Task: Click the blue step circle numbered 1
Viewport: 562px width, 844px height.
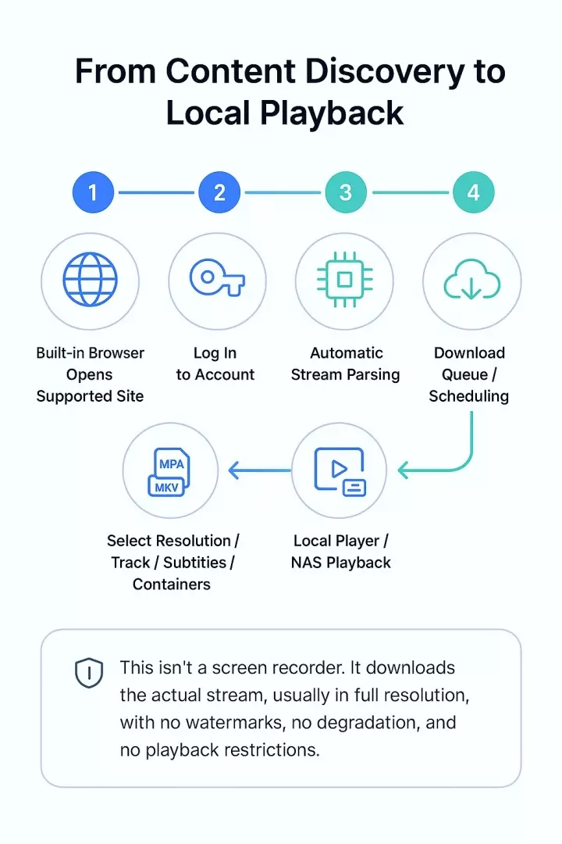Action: [x=94, y=192]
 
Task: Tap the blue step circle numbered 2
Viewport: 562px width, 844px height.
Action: [x=219, y=192]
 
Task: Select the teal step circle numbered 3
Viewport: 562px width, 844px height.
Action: [x=346, y=192]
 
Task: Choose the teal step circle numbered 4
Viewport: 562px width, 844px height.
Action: [x=473, y=192]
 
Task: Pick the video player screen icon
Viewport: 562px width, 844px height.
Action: [x=340, y=471]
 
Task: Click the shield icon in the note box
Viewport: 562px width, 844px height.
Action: [x=89, y=672]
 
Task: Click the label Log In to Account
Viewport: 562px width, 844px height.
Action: [x=215, y=363]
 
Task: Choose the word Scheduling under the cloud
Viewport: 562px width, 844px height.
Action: [x=468, y=396]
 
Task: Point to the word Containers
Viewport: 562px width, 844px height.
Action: [x=172, y=584]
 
